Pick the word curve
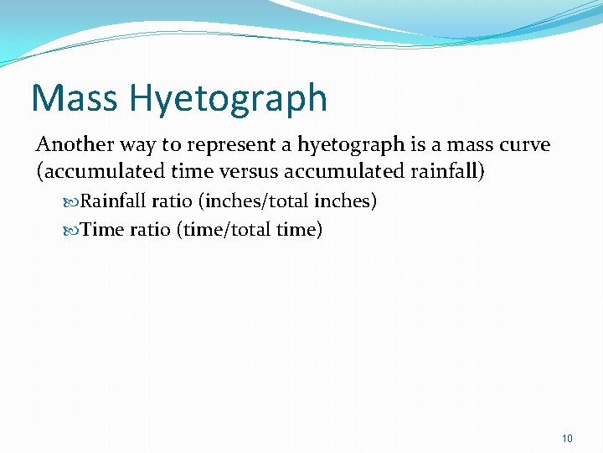(523, 145)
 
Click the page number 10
(567, 438)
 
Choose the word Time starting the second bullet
(103, 229)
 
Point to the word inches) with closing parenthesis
(345, 201)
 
